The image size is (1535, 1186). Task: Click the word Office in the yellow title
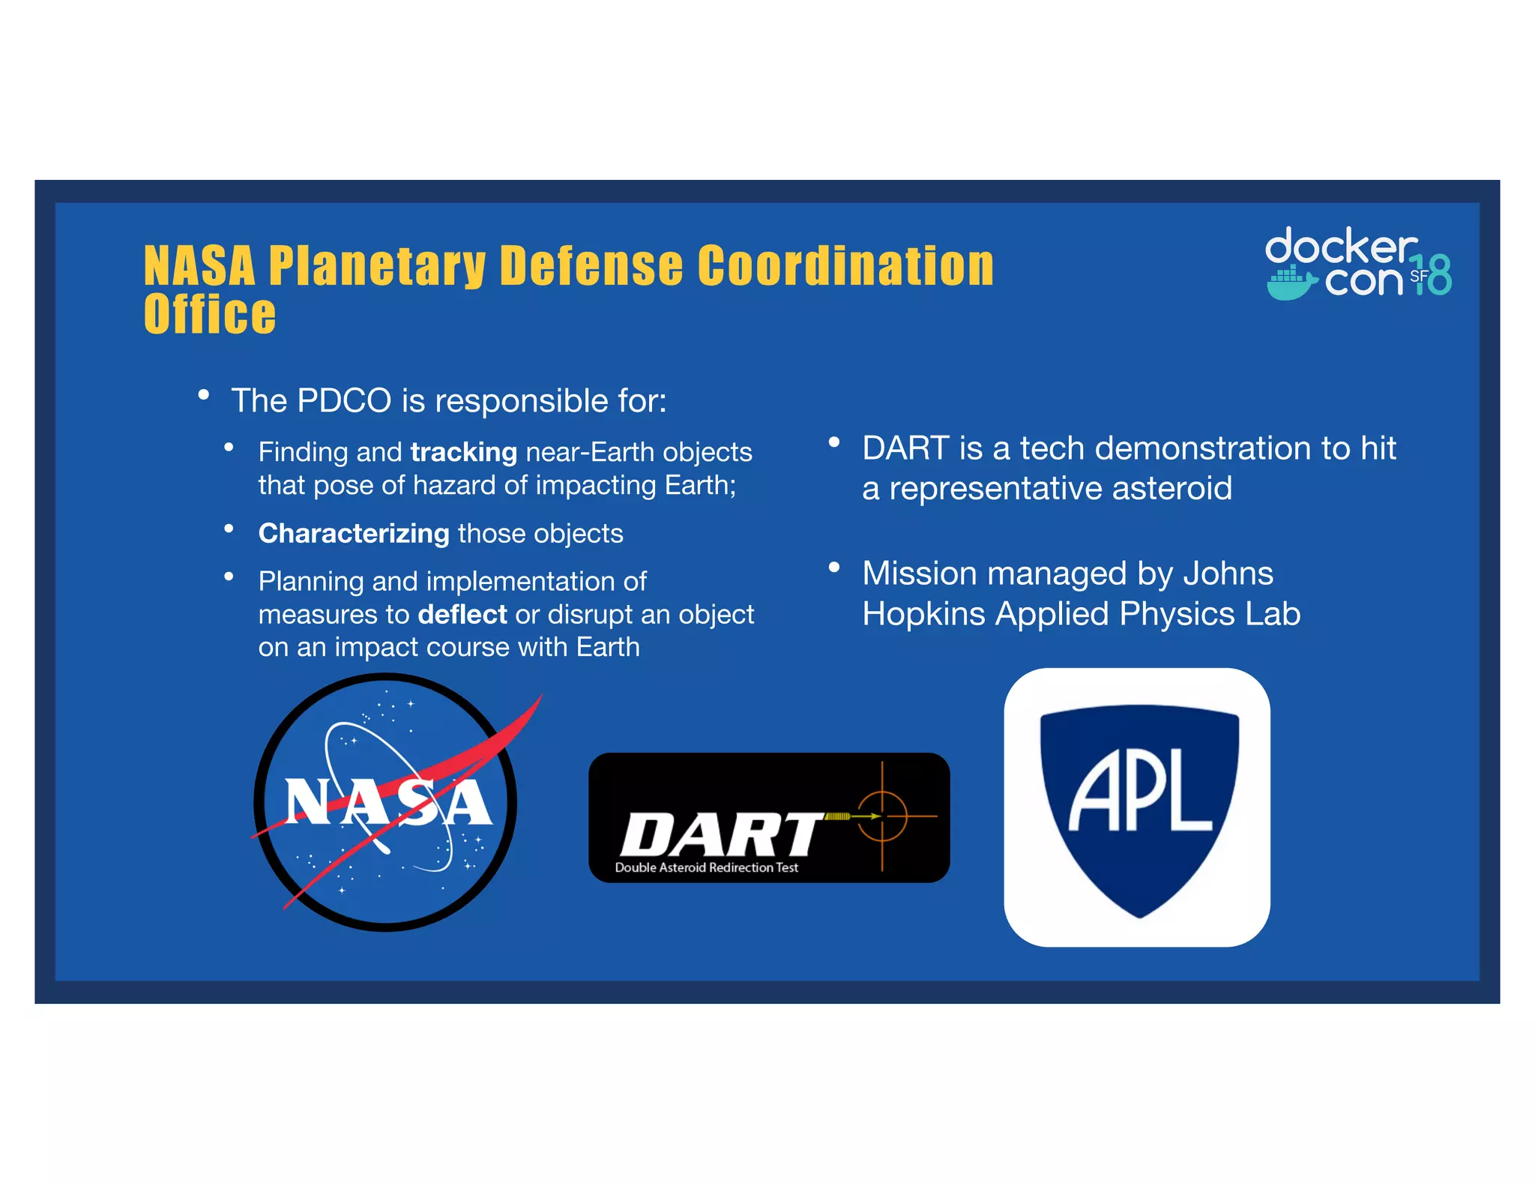point(210,315)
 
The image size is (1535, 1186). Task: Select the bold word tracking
point(463,452)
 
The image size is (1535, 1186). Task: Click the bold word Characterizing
point(353,533)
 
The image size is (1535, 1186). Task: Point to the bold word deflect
point(462,615)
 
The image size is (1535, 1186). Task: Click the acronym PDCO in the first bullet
point(344,400)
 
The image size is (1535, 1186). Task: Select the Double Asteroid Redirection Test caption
point(706,867)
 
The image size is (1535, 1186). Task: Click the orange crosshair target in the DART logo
point(882,816)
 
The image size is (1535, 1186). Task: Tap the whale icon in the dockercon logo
point(1291,283)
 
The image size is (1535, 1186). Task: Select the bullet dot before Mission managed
point(833,568)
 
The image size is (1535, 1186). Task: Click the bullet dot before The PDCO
point(203,395)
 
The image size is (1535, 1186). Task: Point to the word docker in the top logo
point(1339,246)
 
